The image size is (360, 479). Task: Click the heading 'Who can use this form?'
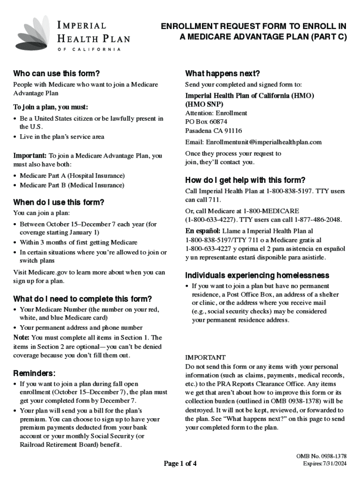click(x=57, y=73)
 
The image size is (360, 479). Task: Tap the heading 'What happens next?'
click(x=223, y=73)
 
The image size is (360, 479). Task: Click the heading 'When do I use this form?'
click(x=58, y=203)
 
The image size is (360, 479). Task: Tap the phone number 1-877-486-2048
click(x=318, y=219)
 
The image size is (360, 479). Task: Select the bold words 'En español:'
click(x=203, y=231)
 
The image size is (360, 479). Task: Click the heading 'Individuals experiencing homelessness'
click(x=257, y=275)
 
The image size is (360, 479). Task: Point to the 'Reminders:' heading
click(x=35, y=373)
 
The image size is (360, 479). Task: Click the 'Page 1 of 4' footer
click(x=180, y=464)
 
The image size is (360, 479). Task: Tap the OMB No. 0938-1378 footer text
click(x=322, y=456)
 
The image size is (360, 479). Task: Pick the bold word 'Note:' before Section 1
click(x=22, y=337)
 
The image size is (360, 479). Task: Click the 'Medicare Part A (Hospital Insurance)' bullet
click(x=72, y=175)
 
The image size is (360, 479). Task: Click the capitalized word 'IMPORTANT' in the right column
click(x=205, y=357)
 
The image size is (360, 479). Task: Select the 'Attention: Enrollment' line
click(x=216, y=113)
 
